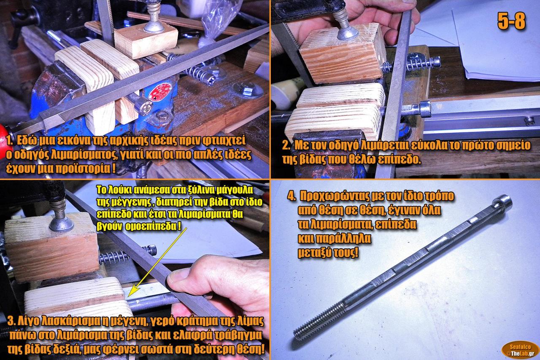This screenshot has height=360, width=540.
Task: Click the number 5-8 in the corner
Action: (x=511, y=21)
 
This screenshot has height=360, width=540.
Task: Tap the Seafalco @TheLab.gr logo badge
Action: (x=520, y=350)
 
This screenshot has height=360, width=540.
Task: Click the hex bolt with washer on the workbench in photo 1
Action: (x=248, y=90)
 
